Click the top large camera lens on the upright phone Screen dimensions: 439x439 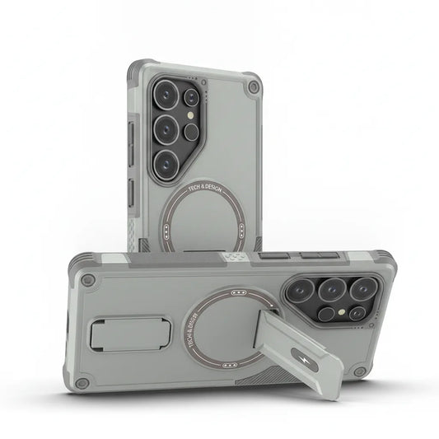pyautogui.click(x=166, y=95)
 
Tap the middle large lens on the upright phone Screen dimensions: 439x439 pyautogui.click(x=166, y=129)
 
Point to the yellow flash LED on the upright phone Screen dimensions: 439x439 pyautogui.click(x=191, y=114)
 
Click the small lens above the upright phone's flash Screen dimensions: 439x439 pyautogui.click(x=192, y=97)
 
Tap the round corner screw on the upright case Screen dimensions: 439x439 pyautogui.click(x=254, y=86)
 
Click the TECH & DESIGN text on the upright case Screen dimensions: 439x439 pyautogui.click(x=205, y=187)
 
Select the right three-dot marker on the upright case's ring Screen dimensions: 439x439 pyautogui.click(x=242, y=231)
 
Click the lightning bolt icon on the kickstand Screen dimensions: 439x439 pyautogui.click(x=306, y=360)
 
